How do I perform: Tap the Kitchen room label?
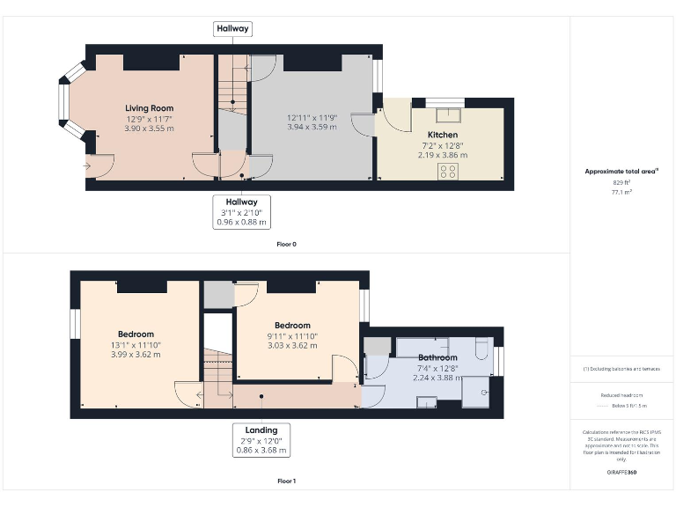pyautogui.click(x=443, y=135)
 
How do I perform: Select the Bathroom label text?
pyautogui.click(x=437, y=358)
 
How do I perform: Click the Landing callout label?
pyautogui.click(x=261, y=430)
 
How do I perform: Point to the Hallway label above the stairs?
pyautogui.click(x=233, y=29)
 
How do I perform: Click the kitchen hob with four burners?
pyautogui.click(x=448, y=171)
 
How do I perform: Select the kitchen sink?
pyautogui.click(x=453, y=111)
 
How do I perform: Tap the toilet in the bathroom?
pyautogui.click(x=480, y=351)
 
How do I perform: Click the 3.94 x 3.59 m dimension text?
pyautogui.click(x=312, y=127)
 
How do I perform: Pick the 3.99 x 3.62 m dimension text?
pyautogui.click(x=136, y=355)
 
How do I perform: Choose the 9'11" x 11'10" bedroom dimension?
pyautogui.click(x=292, y=336)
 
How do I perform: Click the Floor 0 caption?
pyautogui.click(x=286, y=244)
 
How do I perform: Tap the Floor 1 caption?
pyautogui.click(x=286, y=481)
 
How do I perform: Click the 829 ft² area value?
pyautogui.click(x=621, y=181)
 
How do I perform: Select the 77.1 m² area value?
pyautogui.click(x=621, y=190)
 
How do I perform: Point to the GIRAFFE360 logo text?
pyautogui.click(x=621, y=473)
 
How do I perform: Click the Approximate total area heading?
pyautogui.click(x=621, y=171)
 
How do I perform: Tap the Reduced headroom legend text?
pyautogui.click(x=621, y=396)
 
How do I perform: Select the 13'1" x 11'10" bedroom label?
pyautogui.click(x=136, y=345)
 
